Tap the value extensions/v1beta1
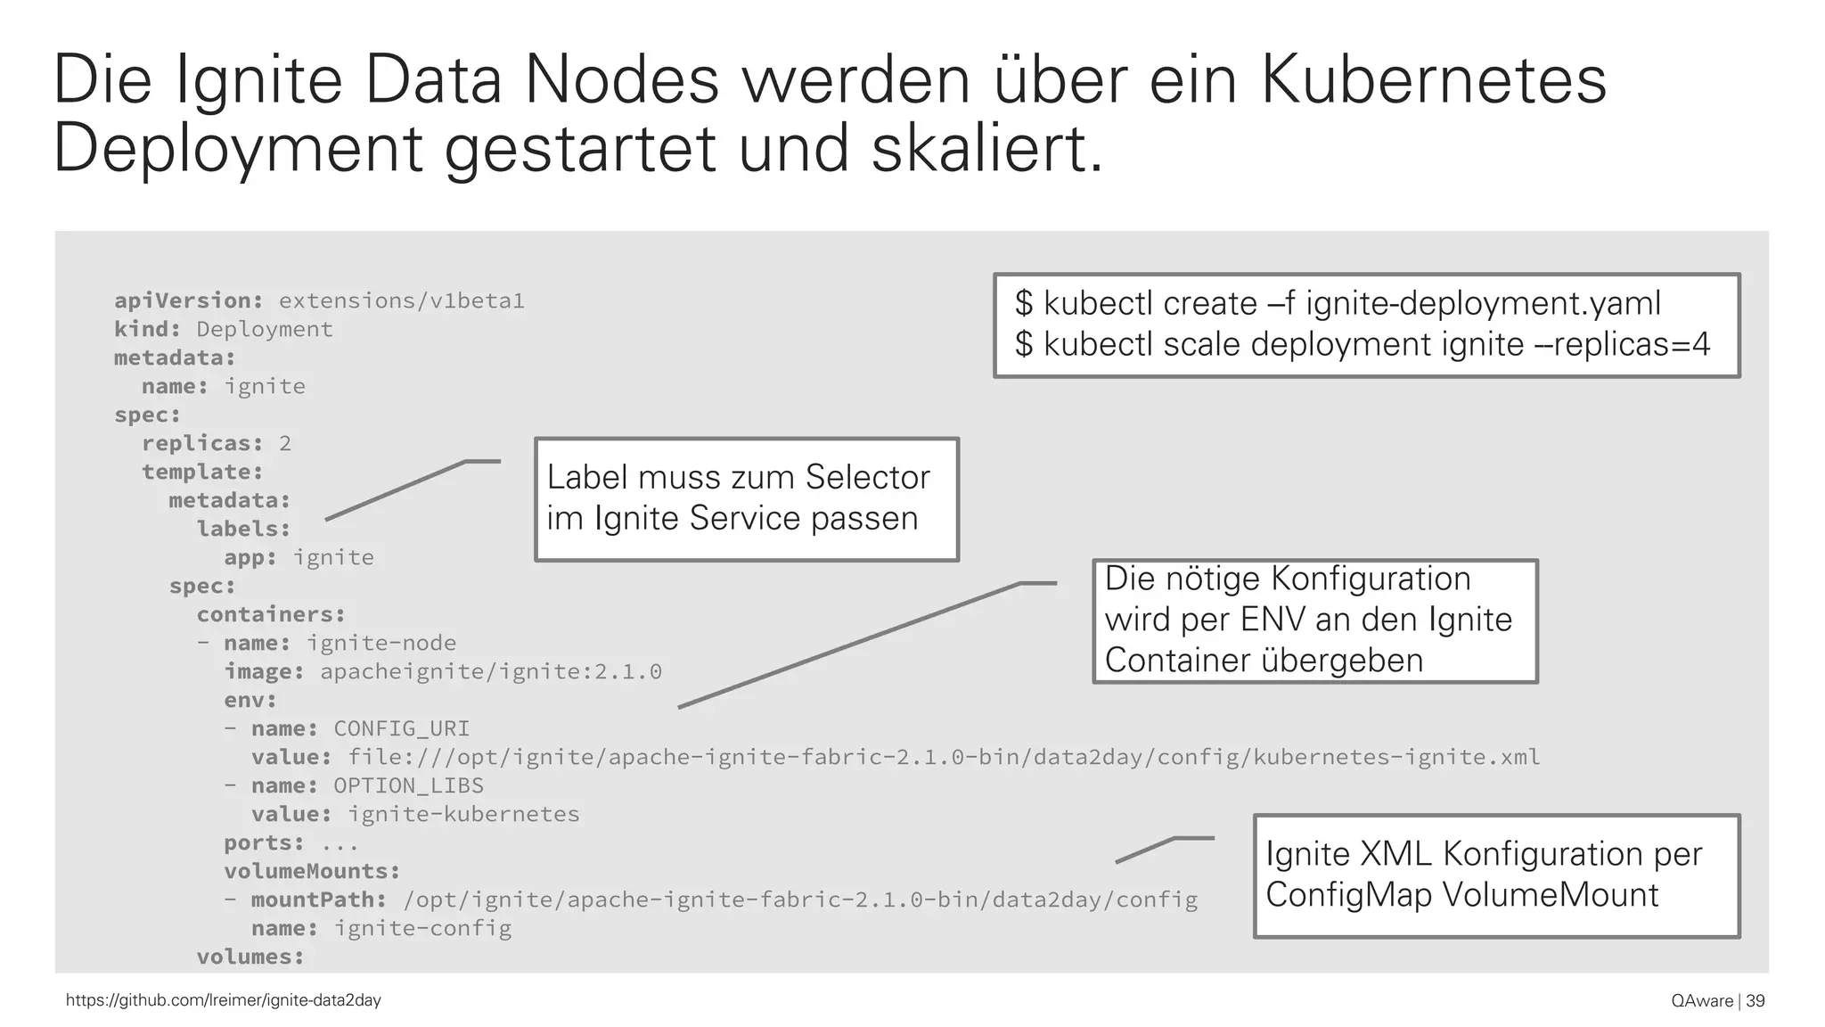(402, 301)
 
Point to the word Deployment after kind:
(265, 330)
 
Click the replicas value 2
(285, 444)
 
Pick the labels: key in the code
(243, 530)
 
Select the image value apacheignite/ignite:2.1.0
(491, 672)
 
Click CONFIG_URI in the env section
(402, 729)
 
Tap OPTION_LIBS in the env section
(409, 786)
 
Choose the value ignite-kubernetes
(463, 815)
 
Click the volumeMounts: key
(312, 872)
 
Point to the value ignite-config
(422, 929)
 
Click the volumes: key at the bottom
(250, 957)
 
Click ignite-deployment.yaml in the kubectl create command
(1484, 304)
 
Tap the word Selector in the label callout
(868, 478)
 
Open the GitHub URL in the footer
(224, 1000)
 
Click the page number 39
(1755, 1001)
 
